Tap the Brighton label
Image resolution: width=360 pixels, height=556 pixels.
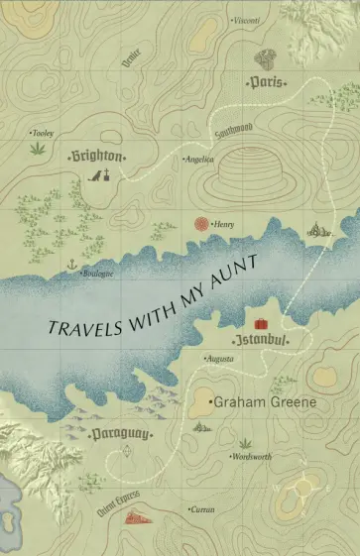[97, 157]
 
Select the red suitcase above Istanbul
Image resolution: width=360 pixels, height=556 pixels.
[261, 324]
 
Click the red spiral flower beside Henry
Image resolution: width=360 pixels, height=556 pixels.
[202, 225]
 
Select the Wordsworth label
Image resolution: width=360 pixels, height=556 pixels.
[252, 458]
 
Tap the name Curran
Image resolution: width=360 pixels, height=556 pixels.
[201, 508]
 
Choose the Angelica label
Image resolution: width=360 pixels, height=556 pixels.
[198, 159]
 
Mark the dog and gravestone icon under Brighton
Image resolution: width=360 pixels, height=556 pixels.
[99, 176]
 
